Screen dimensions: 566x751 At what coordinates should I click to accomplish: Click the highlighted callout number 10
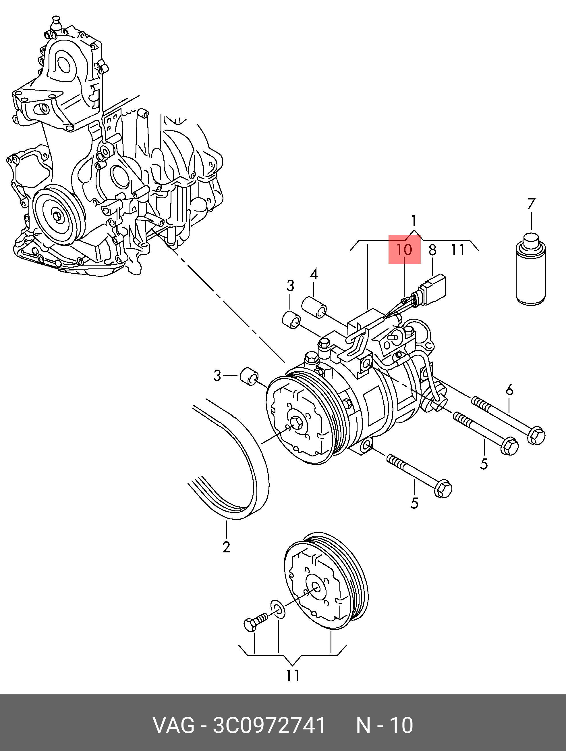(x=404, y=250)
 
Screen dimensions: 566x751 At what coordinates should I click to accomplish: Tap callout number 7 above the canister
(x=531, y=204)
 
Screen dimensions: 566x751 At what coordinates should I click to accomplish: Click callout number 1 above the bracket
(x=414, y=221)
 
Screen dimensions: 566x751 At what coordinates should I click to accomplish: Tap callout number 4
(x=314, y=274)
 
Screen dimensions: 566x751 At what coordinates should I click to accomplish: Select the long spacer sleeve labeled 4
(x=314, y=308)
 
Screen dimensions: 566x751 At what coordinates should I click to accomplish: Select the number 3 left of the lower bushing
(x=217, y=376)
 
